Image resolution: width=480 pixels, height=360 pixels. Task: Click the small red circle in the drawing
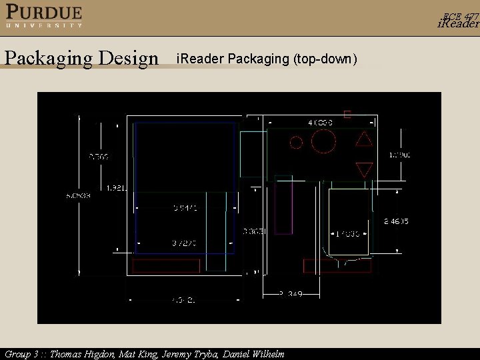tap(296, 141)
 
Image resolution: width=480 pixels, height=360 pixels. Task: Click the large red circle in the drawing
tap(323, 141)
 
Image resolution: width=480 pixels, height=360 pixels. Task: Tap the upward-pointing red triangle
tap(364, 139)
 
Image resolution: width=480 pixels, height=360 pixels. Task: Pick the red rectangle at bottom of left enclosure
tap(167, 266)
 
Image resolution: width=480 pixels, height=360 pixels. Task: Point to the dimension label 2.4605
tap(395, 220)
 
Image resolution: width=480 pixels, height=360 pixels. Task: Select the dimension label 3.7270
tap(185, 243)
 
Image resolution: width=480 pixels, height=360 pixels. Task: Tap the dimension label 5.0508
tap(78, 195)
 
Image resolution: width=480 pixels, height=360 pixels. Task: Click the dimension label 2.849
tap(290, 293)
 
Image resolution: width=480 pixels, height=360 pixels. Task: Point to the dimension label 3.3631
tap(254, 231)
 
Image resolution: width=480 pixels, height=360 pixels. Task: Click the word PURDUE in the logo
tap(45, 12)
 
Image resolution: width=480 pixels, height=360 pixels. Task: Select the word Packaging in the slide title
tap(49, 59)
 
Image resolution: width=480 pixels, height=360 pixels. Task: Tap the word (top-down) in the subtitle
tap(325, 59)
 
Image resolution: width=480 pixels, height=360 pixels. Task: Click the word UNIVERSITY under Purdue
tap(45, 25)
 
